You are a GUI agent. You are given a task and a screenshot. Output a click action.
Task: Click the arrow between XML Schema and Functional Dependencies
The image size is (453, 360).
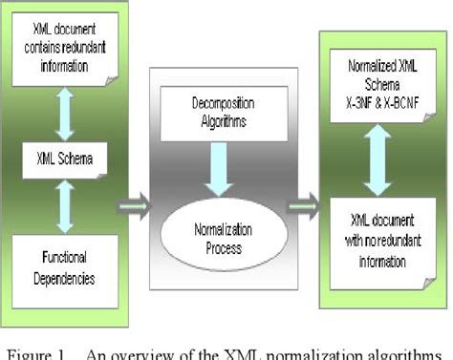(66, 205)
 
